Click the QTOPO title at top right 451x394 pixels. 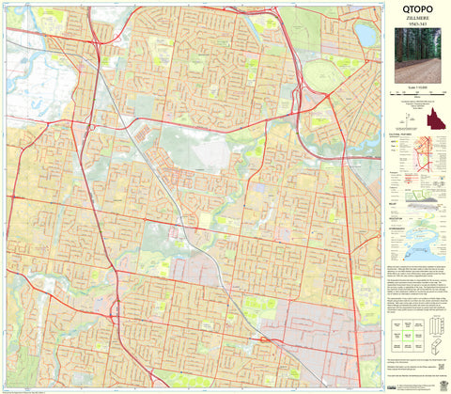point(416,14)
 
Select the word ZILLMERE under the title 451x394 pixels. point(416,26)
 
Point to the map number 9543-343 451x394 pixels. point(416,35)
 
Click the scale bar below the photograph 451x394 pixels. point(416,96)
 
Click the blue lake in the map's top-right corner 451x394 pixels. point(365,36)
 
